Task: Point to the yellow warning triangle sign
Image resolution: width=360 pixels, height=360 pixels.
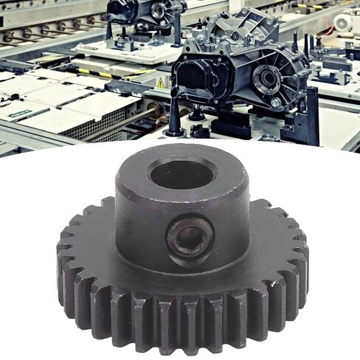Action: [161, 84]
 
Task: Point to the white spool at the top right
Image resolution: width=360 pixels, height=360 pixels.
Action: [344, 22]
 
